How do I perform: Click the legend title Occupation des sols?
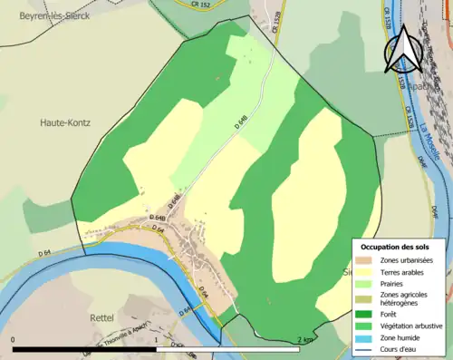(396, 246)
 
